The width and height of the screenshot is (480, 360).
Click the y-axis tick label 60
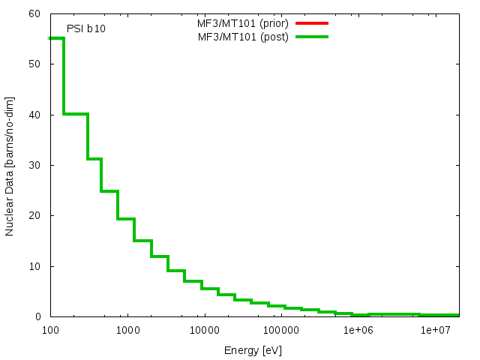35,13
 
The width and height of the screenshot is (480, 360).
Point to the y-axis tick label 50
35,64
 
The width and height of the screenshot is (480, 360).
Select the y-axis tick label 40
35,115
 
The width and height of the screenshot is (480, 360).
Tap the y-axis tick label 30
35,165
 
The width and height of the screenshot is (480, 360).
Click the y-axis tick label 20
35,215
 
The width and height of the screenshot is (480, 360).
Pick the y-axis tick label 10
35,266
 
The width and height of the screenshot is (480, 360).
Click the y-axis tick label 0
38,316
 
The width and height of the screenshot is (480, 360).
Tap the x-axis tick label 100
50,330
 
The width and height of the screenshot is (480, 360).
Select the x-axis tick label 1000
127,330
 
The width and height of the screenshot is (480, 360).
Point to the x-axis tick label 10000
204,330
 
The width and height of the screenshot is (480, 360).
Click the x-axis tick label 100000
281,330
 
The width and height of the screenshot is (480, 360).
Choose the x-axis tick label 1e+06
358,330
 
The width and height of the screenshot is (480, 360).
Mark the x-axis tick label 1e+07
435,330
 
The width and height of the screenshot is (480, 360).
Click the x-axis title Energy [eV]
253,350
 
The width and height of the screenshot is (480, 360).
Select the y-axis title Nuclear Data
10,166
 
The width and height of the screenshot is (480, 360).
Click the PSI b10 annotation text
86,28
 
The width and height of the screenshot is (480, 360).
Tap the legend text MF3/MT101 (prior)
237,23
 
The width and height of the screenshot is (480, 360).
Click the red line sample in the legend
312,23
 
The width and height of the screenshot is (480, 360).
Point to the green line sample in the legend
312,37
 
